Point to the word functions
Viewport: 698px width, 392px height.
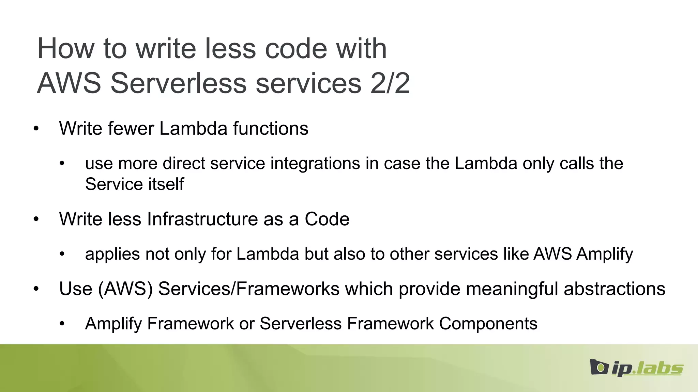[271, 129]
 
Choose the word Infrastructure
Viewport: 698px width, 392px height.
[202, 219]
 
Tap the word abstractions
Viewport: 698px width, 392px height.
[614, 289]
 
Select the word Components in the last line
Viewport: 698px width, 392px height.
[488, 324]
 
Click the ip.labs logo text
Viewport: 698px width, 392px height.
[647, 369]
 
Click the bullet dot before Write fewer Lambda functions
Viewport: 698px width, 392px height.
[36, 129]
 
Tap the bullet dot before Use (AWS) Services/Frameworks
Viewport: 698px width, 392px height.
[36, 289]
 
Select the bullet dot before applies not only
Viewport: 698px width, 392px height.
[62, 254]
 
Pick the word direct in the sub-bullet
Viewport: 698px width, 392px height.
[184, 163]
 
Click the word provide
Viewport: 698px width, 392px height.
[429, 289]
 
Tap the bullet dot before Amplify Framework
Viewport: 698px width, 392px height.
[62, 324]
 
